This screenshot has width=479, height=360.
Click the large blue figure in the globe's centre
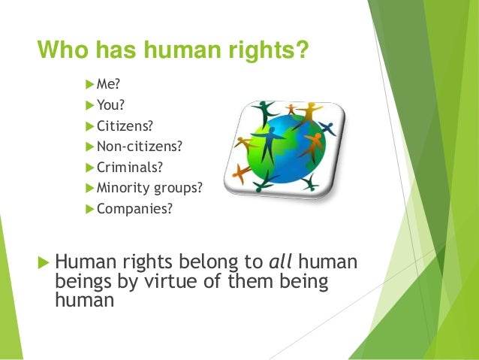pos(268,141)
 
